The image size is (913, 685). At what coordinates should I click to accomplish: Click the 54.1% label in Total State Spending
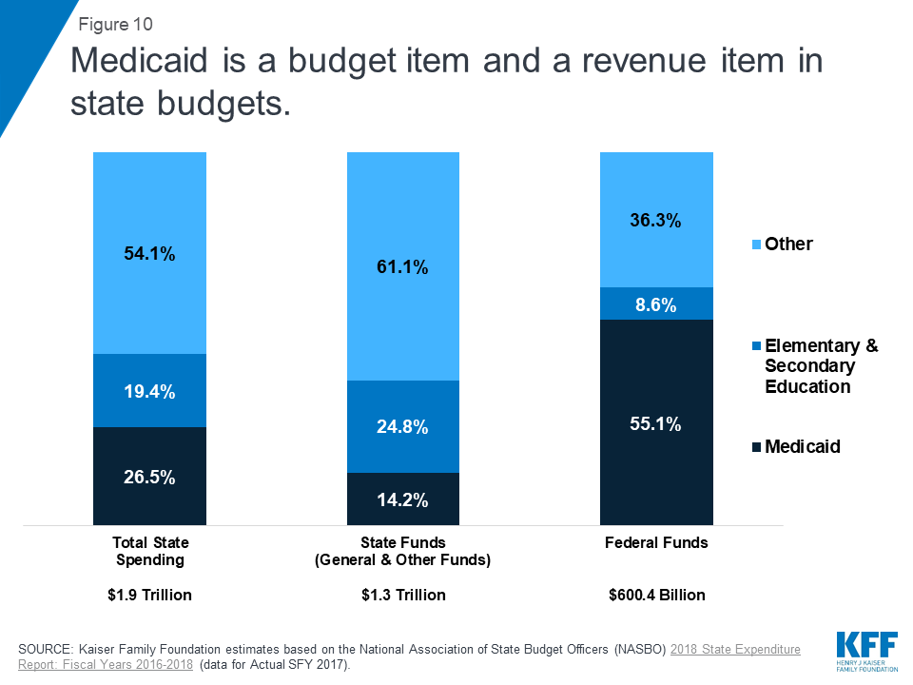pos(149,254)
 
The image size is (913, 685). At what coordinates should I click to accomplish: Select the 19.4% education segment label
pos(149,391)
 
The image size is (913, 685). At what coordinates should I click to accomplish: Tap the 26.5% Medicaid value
pos(149,477)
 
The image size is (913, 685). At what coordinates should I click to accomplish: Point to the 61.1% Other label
pos(402,268)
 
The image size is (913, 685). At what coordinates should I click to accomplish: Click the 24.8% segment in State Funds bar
pos(402,427)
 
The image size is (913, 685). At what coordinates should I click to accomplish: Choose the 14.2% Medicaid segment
pos(402,499)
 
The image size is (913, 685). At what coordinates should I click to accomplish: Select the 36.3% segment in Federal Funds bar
pos(656,220)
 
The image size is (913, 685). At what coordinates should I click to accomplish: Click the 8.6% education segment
pos(656,304)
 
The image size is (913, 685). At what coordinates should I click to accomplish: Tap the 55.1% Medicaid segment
pos(656,424)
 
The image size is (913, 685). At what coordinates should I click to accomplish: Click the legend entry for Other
pos(788,245)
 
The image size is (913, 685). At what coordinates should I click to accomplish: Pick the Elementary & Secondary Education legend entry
pos(821,366)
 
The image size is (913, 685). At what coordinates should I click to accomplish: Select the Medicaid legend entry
pos(802,446)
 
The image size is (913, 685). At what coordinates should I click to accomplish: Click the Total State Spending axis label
pos(149,551)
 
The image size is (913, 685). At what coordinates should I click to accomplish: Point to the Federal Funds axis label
pos(656,543)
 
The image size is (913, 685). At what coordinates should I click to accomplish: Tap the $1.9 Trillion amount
pos(149,596)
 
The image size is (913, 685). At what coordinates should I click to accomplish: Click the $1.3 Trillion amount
pos(402,596)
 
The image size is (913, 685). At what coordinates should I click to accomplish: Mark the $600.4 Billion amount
pos(656,596)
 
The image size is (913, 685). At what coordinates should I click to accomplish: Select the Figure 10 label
pos(115,23)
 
